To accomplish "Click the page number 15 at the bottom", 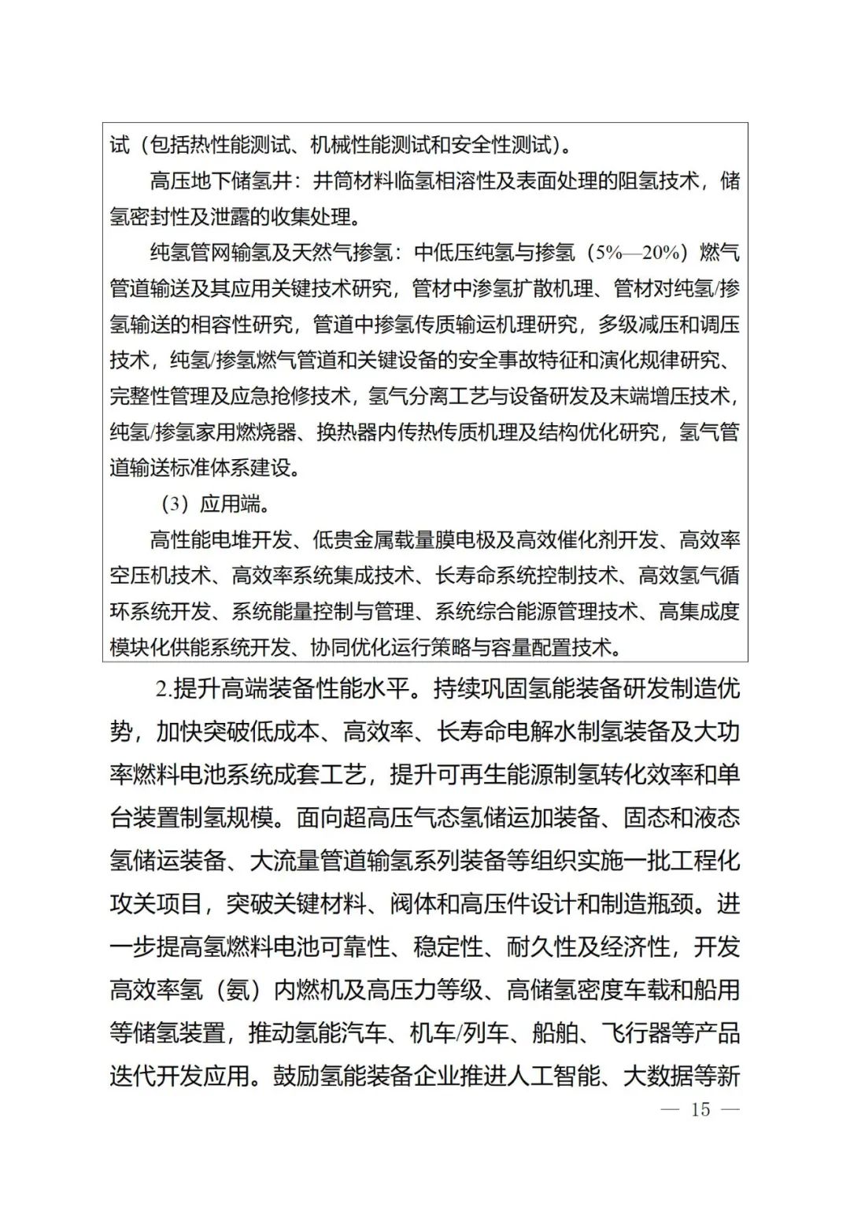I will click(x=700, y=1110).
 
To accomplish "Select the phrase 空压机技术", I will click(x=160, y=576).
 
